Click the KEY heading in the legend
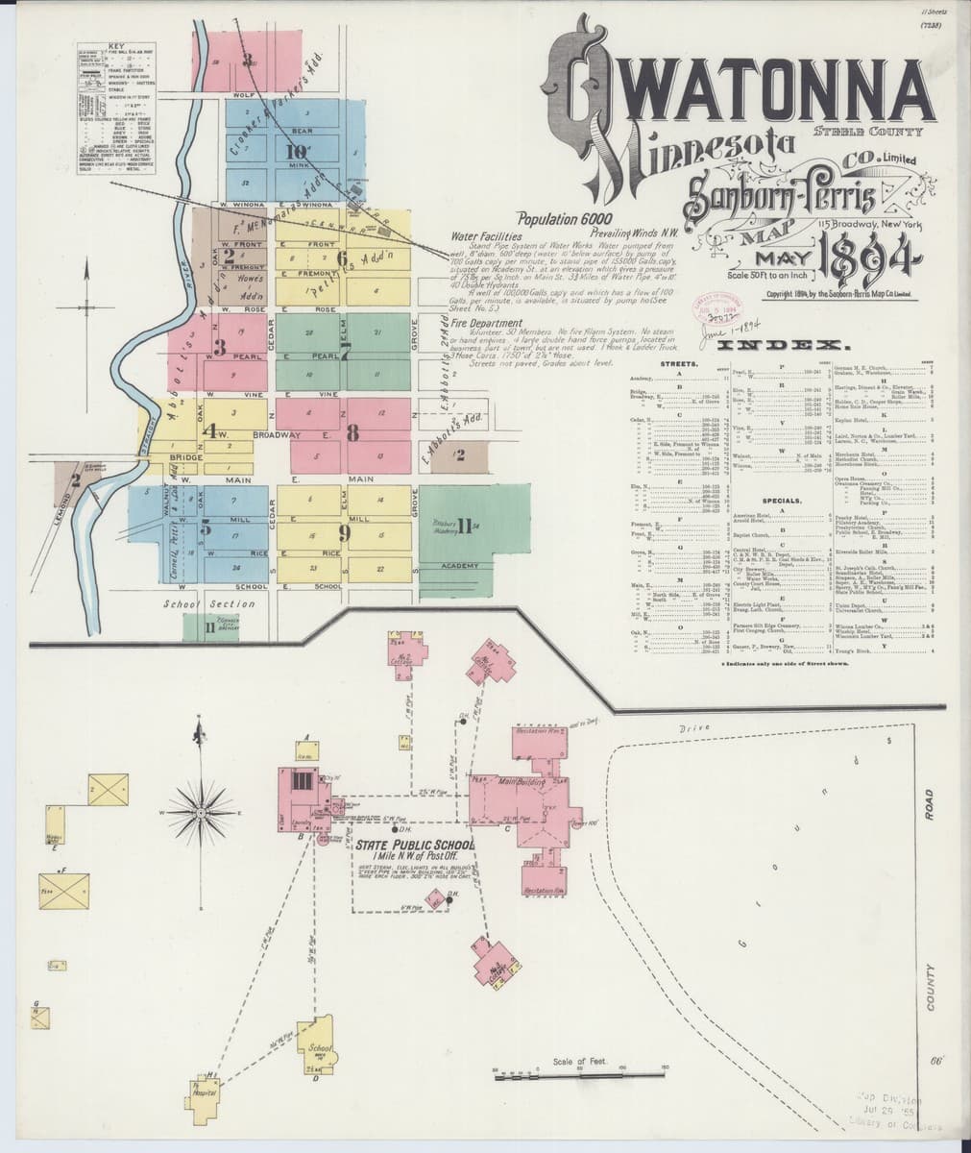click(x=117, y=46)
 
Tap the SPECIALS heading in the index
click(x=782, y=501)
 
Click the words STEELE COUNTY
click(x=867, y=132)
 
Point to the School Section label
click(x=208, y=603)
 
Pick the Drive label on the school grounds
click(x=693, y=730)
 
